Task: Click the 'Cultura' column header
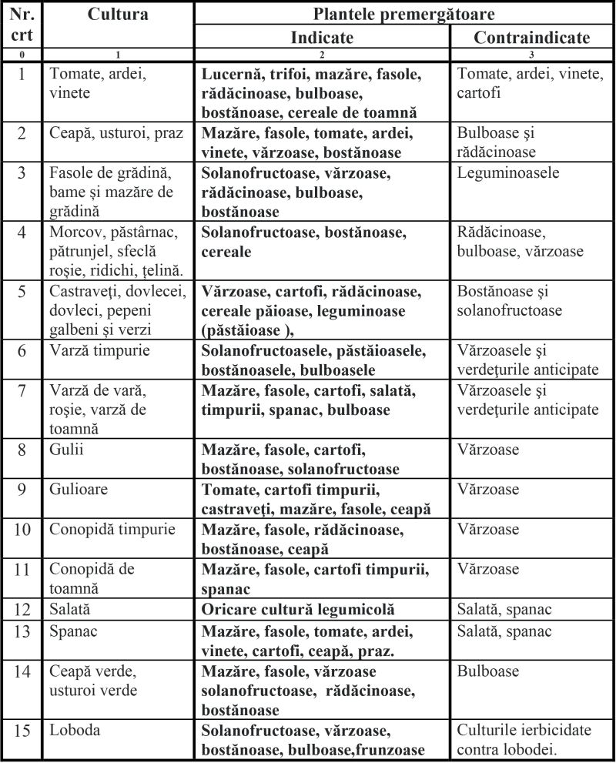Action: coord(118,15)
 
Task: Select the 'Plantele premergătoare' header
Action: coord(403,14)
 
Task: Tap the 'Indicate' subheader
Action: coord(322,37)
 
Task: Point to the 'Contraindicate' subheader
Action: coord(532,37)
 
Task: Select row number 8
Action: coord(22,450)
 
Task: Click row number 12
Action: coord(22,610)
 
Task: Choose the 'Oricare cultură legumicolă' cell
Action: coord(299,610)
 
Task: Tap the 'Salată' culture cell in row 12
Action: coord(71,610)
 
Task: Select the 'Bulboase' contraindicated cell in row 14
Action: coord(488,671)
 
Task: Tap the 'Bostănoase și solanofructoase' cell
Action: coord(511,302)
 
